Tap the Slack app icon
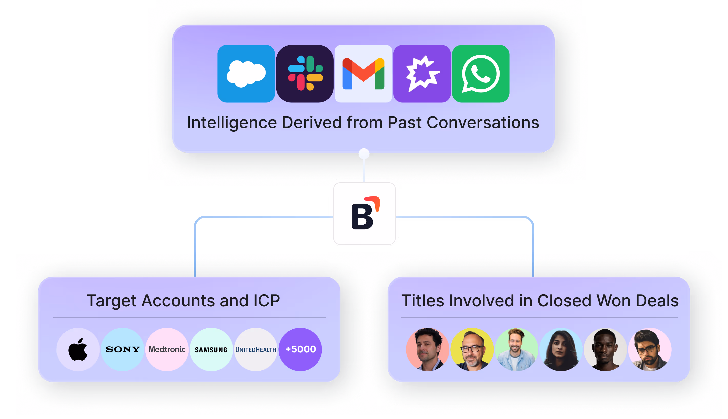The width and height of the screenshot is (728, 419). pyautogui.click(x=305, y=74)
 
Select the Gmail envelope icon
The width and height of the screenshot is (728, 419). pyautogui.click(x=363, y=74)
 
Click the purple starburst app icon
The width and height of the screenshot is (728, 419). pyautogui.click(x=422, y=74)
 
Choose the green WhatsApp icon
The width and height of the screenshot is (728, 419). pyautogui.click(x=481, y=74)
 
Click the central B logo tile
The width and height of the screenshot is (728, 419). pyautogui.click(x=364, y=213)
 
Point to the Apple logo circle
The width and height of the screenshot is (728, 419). pyautogui.click(x=78, y=349)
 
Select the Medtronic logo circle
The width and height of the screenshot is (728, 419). pyautogui.click(x=167, y=349)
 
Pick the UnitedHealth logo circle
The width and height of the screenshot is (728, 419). pyautogui.click(x=256, y=349)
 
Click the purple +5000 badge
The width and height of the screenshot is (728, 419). pyautogui.click(x=300, y=349)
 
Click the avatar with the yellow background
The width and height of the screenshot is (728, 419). pyautogui.click(x=472, y=349)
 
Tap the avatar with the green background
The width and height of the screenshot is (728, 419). pyautogui.click(x=516, y=349)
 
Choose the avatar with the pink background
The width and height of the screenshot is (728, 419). pyautogui.click(x=650, y=349)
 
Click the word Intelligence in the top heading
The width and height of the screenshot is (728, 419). pyautogui.click(x=231, y=123)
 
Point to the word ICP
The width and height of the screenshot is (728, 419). pyautogui.click(x=267, y=301)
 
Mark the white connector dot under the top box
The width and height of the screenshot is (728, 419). pyautogui.click(x=364, y=154)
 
